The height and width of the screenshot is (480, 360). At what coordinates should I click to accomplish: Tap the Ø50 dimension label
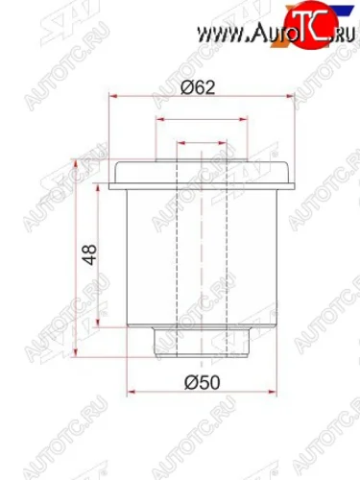tap(198, 381)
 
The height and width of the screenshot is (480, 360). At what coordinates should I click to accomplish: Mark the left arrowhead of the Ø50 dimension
tap(132, 393)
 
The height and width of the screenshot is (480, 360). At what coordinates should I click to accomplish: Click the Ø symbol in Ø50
tap(187, 381)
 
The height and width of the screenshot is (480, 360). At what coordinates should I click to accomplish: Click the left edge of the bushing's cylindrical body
tap(131, 259)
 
